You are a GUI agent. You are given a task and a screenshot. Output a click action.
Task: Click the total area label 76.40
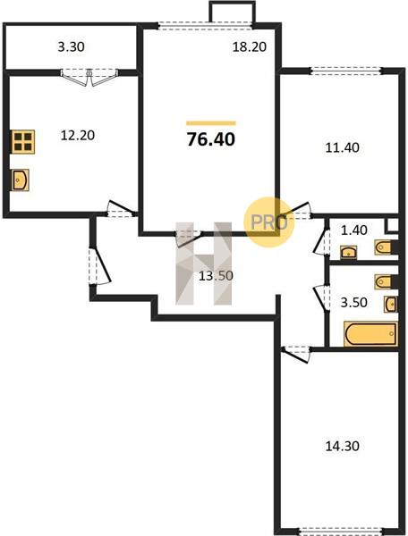[x=211, y=139]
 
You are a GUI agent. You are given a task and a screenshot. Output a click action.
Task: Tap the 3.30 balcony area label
[x=72, y=46]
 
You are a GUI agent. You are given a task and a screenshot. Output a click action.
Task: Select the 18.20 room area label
[x=250, y=46]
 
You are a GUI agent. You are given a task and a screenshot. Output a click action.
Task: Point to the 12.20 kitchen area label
[x=78, y=136]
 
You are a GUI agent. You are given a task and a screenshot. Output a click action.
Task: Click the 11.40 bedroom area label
[x=343, y=147]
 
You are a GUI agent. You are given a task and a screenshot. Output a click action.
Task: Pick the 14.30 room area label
[x=343, y=446]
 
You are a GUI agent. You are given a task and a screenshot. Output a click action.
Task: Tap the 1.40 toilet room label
[x=354, y=230]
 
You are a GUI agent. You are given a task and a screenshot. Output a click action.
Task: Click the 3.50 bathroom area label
[x=354, y=303]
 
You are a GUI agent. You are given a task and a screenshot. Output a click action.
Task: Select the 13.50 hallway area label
[x=216, y=275]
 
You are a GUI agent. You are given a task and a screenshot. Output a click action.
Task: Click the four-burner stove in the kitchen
[x=22, y=142]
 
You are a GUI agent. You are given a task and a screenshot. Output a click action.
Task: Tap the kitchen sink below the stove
[x=21, y=180]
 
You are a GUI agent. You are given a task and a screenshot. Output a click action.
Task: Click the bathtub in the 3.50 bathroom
[x=371, y=333]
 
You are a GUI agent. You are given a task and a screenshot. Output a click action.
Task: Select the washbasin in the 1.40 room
[x=349, y=252]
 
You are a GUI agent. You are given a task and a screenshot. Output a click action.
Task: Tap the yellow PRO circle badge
[x=269, y=222]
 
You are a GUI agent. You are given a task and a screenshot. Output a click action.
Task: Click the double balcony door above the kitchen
[x=89, y=77]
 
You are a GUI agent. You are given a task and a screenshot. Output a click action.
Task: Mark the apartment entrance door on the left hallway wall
[x=99, y=266]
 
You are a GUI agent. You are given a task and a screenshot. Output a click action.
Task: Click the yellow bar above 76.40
[x=211, y=123]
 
